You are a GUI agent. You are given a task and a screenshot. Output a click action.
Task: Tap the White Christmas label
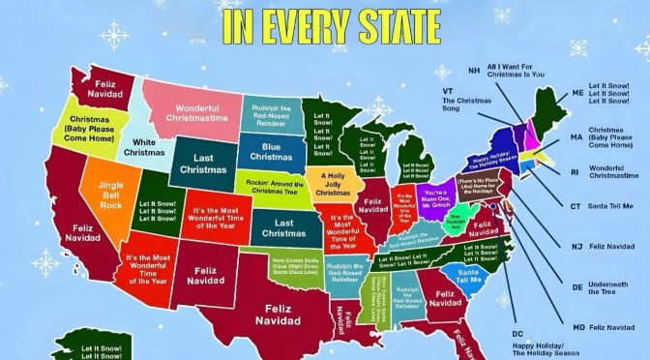[x=143, y=147]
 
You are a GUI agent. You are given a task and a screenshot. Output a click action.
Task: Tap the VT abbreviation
[x=449, y=91]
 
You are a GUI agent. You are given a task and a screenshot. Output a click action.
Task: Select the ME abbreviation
[x=577, y=93]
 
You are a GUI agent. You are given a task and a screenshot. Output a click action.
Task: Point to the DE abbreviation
[x=576, y=287]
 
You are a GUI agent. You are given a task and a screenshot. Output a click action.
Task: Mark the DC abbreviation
[x=517, y=334]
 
